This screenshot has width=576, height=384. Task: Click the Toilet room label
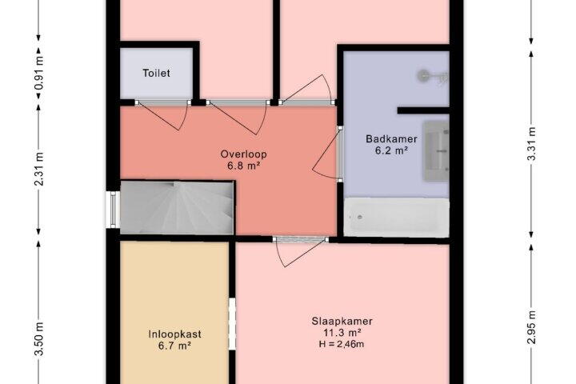click(x=156, y=73)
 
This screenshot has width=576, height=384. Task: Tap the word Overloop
click(x=243, y=154)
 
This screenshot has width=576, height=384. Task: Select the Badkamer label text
click(x=391, y=139)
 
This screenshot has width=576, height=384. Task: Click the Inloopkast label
click(x=174, y=334)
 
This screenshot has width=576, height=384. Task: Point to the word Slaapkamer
click(x=342, y=321)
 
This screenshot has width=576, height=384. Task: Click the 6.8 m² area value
click(x=243, y=166)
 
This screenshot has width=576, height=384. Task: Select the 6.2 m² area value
click(x=391, y=150)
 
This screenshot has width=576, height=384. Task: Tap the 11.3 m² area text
click(x=342, y=333)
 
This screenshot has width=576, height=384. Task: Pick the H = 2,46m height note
click(x=342, y=344)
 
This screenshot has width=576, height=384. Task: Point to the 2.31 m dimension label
click(x=39, y=169)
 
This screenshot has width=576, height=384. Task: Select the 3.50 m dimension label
click(x=39, y=338)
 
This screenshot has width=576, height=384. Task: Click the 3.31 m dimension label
click(x=531, y=144)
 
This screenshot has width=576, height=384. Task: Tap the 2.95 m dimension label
click(x=531, y=326)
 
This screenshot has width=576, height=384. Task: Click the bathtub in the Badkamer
click(x=396, y=217)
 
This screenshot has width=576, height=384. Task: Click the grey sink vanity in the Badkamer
click(x=436, y=151)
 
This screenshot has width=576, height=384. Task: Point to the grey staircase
click(x=177, y=208)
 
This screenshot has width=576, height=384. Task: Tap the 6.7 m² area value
click(x=174, y=346)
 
